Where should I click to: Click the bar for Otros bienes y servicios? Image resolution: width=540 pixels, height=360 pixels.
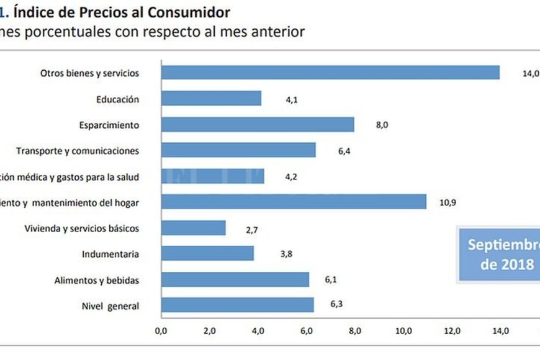point(330,73)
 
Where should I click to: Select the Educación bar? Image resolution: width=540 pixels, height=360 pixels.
point(211,99)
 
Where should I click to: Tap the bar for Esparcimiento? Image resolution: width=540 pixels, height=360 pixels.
point(258,125)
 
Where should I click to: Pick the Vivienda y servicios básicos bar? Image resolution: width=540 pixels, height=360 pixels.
point(193,228)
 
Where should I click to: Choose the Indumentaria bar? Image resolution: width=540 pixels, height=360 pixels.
point(207,254)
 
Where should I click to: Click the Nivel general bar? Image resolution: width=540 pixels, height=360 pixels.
point(237,305)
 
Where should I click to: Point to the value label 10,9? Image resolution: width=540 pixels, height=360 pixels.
point(448,202)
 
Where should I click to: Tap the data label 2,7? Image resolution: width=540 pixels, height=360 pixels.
point(252,229)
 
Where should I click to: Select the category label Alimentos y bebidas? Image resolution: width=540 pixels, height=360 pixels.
point(96,280)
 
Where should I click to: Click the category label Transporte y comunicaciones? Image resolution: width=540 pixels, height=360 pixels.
point(78,151)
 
